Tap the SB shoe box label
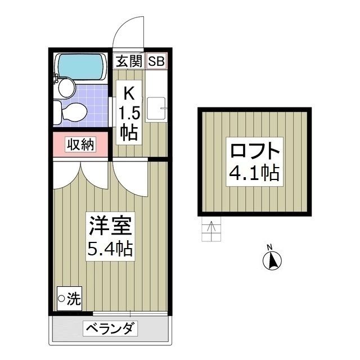[156, 61]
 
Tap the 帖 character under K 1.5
[129, 133]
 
